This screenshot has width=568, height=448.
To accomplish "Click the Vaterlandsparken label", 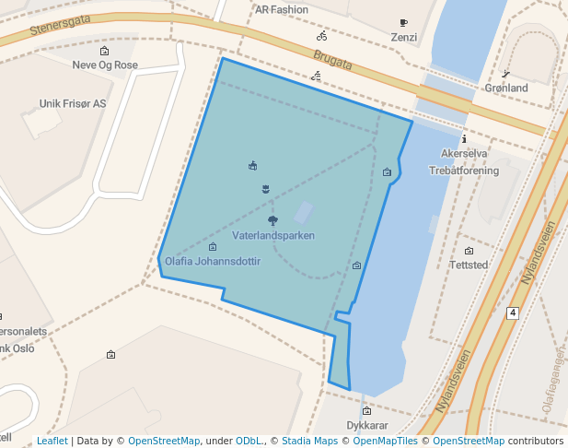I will [x=273, y=236].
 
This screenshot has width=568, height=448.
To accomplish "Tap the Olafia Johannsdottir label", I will [x=213, y=262].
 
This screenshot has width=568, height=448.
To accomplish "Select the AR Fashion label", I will [x=282, y=10].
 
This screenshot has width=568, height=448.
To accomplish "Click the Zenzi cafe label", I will [x=403, y=38].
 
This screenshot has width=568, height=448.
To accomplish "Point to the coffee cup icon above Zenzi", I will [x=403, y=23].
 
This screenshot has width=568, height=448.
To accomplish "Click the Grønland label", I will [x=506, y=88].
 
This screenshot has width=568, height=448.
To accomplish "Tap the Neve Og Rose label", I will [x=105, y=65].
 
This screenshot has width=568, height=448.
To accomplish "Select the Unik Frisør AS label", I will [x=73, y=104].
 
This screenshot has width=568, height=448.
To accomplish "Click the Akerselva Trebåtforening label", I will [x=464, y=161].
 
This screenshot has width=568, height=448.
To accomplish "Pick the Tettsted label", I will [x=469, y=265].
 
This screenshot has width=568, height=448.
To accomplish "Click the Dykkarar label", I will [x=367, y=426].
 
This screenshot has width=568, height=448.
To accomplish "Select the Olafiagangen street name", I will [x=553, y=378].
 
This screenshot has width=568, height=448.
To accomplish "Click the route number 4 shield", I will [x=512, y=313].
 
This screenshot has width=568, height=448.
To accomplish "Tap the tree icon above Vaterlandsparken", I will [x=272, y=220].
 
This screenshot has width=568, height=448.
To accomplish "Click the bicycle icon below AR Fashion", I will [x=321, y=37].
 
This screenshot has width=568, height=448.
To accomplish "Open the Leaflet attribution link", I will [x=52, y=442].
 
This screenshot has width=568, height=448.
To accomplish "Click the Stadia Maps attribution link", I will [x=309, y=442].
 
